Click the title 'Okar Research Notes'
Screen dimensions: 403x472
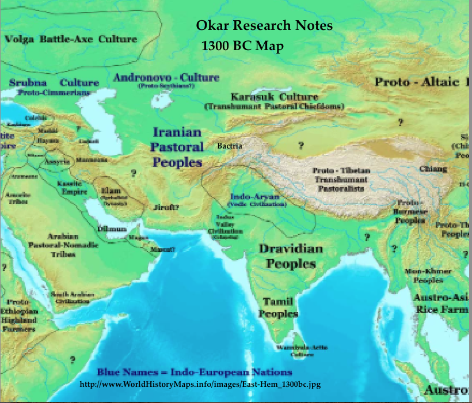pos(264,26)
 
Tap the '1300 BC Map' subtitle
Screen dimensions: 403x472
pos(242,46)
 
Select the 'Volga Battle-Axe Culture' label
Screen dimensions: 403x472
pos(71,39)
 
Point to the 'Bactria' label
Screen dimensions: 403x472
pos(230,146)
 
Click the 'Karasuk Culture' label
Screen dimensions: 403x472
pos(274,96)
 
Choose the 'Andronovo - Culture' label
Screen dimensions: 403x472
pos(166,77)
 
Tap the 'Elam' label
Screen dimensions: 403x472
pos(110,190)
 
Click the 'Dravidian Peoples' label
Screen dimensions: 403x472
pos(291,256)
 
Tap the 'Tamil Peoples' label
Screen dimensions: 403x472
pos(278,307)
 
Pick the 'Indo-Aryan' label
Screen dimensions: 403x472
pos(257,196)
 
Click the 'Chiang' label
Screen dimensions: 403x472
pos(433,169)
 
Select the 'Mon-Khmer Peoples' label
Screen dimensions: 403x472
pos(428,275)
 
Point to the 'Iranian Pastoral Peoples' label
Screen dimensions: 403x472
pos(177,147)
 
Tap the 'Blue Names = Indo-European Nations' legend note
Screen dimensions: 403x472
pos(194,371)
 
